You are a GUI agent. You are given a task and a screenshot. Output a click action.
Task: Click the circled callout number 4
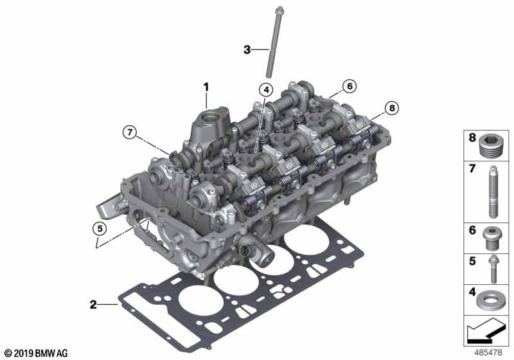click(266, 91)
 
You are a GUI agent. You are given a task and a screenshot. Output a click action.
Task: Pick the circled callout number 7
click(130, 133)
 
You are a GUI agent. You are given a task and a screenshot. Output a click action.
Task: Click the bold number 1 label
click(206, 86)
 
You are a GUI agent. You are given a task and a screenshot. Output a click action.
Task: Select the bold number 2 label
click(93, 303)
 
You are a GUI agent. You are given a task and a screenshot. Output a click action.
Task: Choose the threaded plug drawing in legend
click(492, 147)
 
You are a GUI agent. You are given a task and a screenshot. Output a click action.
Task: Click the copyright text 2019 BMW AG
click(35, 353)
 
